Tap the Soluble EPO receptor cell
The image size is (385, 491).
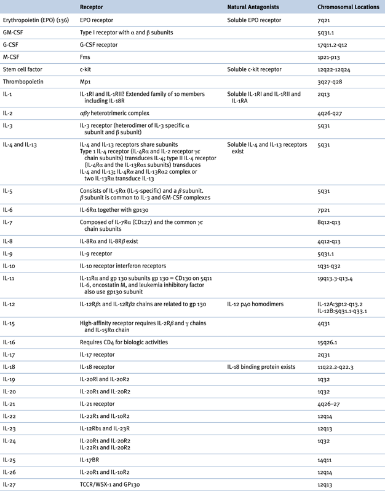pos(254,20)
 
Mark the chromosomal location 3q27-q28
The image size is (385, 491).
pos(328,81)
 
